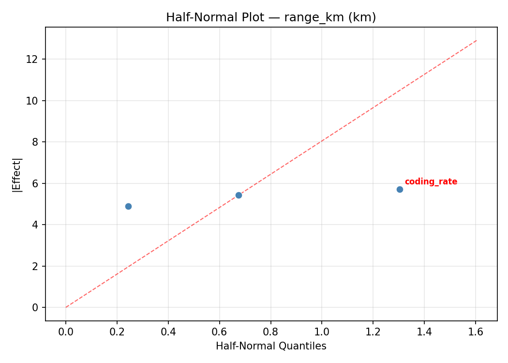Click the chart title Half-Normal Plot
pos(271,17)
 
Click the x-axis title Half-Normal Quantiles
pos(271,346)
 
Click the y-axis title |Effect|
pos(17,174)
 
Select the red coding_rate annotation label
pos(431,182)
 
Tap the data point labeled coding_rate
pos(400,189)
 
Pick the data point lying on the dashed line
pos(239,195)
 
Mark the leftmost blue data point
pos(128,206)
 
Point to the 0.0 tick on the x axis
pos(66,332)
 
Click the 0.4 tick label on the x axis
pos(168,332)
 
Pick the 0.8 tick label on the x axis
pos(270,332)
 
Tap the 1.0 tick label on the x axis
pos(322,332)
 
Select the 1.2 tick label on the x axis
pos(373,332)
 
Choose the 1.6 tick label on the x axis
pos(476,332)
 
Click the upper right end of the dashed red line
pos(477,40)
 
